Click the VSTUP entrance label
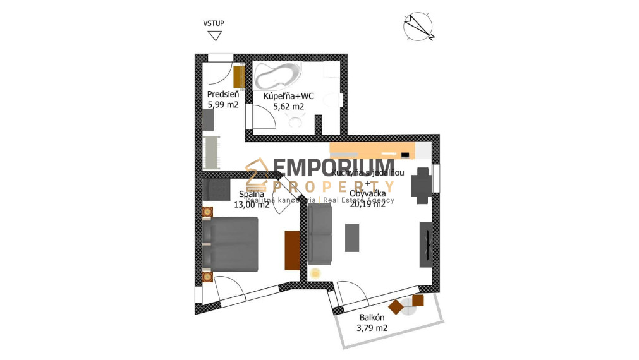(x=214, y=23)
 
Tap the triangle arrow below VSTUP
(x=214, y=35)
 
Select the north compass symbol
(x=418, y=27)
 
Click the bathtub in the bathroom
(x=277, y=77)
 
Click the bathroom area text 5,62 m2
(x=288, y=107)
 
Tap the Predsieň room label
(x=222, y=95)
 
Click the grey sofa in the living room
(x=320, y=234)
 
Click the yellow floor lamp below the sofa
(x=315, y=273)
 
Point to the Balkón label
(x=373, y=318)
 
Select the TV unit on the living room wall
(x=426, y=244)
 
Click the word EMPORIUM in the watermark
(x=333, y=169)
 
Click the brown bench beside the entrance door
(x=239, y=77)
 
